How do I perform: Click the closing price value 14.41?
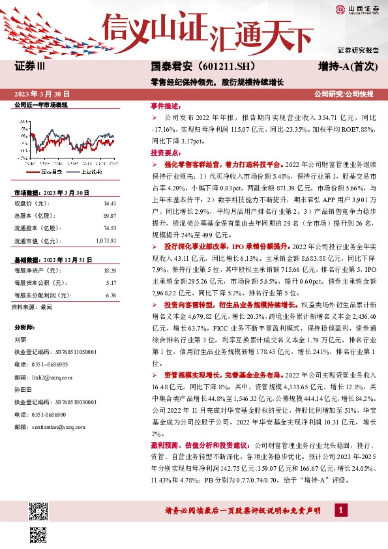(x=110, y=203)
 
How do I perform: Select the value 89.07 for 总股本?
(x=110, y=215)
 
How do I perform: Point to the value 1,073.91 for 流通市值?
(x=106, y=241)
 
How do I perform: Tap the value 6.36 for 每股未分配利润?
(x=110, y=294)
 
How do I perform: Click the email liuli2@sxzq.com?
(x=50, y=377)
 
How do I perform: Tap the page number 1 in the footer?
(x=340, y=510)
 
